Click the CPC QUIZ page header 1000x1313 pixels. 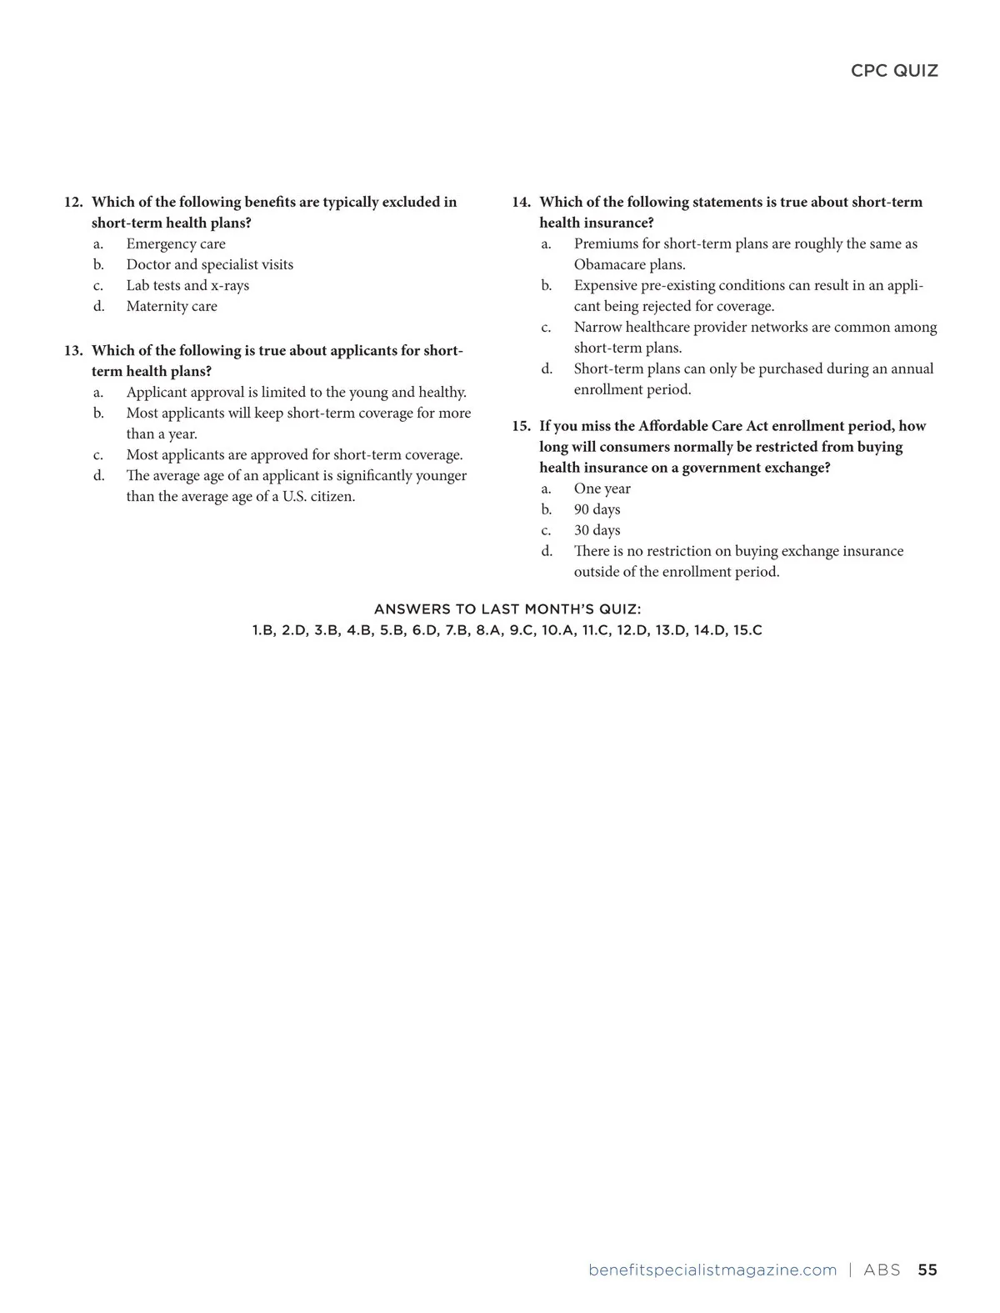tap(894, 71)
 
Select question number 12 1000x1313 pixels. tap(73, 203)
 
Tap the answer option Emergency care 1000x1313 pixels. tap(176, 244)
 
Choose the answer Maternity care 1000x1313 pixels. tap(172, 307)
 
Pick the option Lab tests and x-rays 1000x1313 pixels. tap(187, 286)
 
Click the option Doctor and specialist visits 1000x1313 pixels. tap(209, 265)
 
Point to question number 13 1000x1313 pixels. tap(73, 351)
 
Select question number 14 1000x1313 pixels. tap(521, 203)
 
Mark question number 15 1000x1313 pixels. tap(521, 426)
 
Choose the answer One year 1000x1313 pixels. tap(602, 489)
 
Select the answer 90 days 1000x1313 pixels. tap(597, 510)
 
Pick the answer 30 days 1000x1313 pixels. tap(597, 531)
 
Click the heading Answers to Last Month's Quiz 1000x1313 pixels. tap(507, 610)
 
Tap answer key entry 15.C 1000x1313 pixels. tap(747, 631)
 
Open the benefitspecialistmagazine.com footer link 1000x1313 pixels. tap(712, 1270)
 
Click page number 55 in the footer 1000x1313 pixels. tap(927, 1270)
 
